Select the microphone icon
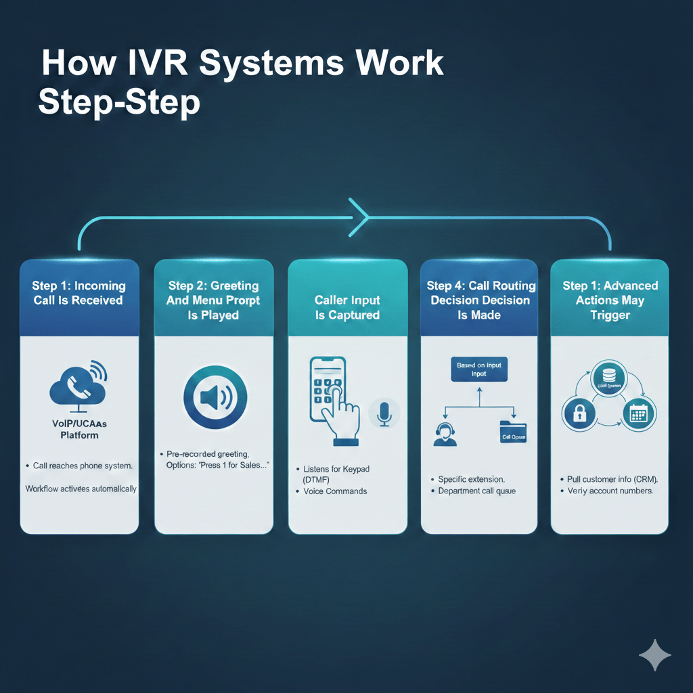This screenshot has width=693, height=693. tap(384, 413)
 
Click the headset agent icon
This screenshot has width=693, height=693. tap(445, 432)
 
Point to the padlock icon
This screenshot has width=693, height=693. tap(579, 413)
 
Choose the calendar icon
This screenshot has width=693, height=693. tap(639, 413)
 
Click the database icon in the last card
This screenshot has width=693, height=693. tap(609, 375)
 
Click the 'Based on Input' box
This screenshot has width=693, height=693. tap(478, 369)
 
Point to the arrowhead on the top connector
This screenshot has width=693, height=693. tap(359, 217)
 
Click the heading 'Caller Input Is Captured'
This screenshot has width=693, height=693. tap(347, 307)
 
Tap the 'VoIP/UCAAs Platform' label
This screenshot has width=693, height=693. tap(79, 429)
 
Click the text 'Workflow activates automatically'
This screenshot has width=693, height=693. tap(81, 489)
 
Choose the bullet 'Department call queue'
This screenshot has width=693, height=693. tap(476, 491)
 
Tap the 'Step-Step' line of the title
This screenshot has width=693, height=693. tap(119, 104)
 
